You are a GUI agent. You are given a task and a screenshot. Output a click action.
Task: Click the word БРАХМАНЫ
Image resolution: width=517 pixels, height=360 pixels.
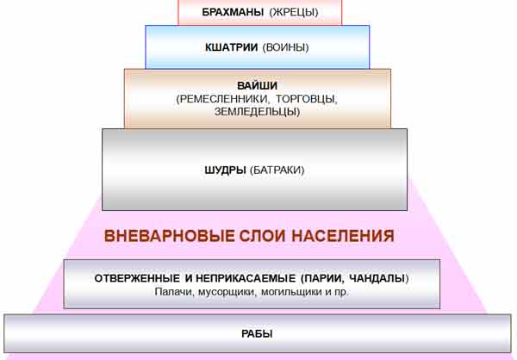pos(233,12)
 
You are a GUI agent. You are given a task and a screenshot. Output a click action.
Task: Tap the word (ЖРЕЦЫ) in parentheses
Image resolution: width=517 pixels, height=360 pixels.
pos(294,12)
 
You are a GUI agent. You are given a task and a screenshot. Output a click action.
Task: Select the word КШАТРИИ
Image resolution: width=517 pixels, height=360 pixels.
pos(232,47)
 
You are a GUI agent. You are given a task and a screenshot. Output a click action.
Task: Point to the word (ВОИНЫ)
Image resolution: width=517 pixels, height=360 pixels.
pos(285,47)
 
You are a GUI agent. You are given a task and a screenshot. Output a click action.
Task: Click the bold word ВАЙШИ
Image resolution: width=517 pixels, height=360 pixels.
pos(257,85)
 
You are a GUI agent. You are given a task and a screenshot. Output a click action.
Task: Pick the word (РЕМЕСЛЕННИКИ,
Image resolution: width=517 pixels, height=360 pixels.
pos(222,99)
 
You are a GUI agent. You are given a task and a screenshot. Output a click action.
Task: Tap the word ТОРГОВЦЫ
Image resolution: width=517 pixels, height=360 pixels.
pos(306,99)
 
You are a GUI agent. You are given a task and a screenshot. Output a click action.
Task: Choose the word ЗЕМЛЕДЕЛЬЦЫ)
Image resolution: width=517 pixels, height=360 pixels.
pos(257,111)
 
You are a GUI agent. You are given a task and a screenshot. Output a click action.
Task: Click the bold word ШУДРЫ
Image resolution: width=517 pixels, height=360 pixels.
pos(225,171)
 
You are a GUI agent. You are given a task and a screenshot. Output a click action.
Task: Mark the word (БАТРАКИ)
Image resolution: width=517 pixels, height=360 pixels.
pos(277,171)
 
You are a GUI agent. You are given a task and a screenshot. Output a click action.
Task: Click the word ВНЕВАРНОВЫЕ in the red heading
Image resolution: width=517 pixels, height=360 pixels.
pos(169,236)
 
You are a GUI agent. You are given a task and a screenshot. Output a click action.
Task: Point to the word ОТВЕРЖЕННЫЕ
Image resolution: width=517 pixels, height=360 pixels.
pos(137,278)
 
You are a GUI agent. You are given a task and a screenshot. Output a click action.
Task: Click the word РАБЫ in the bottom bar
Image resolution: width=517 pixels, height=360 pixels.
pos(257,334)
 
